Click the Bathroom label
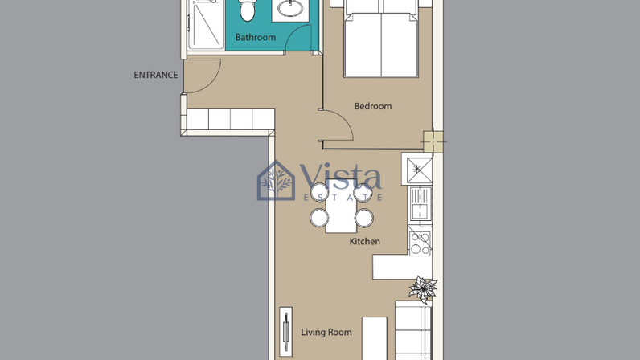[x=256, y=37]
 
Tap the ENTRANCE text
[x=156, y=75]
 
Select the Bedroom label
[x=372, y=106]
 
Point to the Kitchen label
[x=364, y=241]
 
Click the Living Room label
[x=326, y=332]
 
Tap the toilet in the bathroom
[x=247, y=9]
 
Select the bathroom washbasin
[x=290, y=8]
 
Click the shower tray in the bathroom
[x=206, y=24]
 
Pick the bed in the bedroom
[x=381, y=39]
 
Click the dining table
[x=341, y=207]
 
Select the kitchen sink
[x=420, y=205]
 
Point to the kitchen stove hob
[x=420, y=243]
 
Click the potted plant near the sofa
[x=423, y=289]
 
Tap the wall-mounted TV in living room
[x=285, y=332]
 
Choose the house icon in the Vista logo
[x=276, y=181]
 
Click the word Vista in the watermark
[x=341, y=176]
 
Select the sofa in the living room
[x=413, y=330]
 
